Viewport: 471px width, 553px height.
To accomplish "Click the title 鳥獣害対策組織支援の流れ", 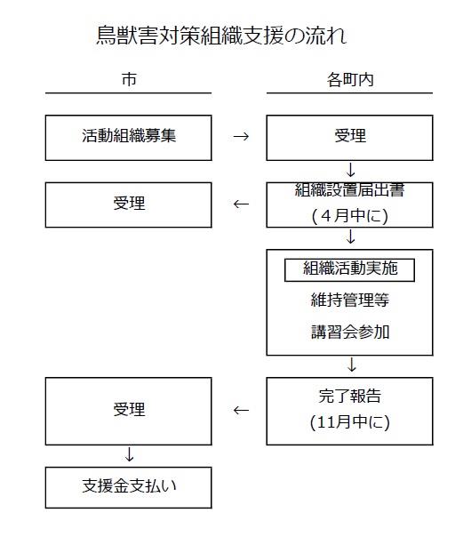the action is click(221, 36).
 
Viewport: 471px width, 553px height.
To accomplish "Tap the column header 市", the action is click(129, 79).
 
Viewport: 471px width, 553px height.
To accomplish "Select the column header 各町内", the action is click(350, 79).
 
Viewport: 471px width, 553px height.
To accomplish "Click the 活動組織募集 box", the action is click(128, 138).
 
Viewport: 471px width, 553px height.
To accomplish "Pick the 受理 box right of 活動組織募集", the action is click(350, 138).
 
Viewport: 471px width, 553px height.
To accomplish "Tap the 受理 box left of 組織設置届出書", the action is click(128, 204).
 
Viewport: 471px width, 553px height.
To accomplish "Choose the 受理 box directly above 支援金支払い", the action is click(128, 412).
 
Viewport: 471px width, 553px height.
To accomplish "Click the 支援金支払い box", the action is click(128, 488).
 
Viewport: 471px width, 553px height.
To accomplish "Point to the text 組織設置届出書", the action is click(350, 190).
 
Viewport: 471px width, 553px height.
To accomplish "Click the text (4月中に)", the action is click(350, 215).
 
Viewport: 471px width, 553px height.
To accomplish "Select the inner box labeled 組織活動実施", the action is click(350, 269).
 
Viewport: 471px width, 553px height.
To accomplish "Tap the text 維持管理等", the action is click(350, 300).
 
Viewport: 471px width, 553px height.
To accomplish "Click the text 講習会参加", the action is click(350, 332).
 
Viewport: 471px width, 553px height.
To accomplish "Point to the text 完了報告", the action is click(350, 396).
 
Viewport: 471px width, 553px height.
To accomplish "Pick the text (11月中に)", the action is click(350, 421).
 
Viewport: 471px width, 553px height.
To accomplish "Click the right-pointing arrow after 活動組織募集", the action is click(241, 137).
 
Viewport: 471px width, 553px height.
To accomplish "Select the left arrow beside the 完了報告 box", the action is click(241, 410).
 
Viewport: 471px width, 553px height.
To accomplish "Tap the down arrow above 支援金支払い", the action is click(130, 454).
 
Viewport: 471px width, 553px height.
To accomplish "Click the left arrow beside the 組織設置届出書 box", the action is click(241, 204).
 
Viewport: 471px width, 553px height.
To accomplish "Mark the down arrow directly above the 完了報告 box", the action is click(352, 365).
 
